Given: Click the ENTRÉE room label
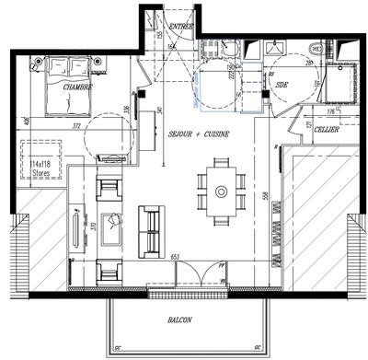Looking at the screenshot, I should (183, 28).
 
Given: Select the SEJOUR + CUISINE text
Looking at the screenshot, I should (198, 135).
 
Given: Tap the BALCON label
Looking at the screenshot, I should (179, 321).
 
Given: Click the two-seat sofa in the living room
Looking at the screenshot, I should (147, 231).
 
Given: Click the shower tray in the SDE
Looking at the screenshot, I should (336, 84).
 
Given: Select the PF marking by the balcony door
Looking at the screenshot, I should (224, 266).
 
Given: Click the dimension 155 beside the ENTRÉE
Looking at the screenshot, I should (159, 37).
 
